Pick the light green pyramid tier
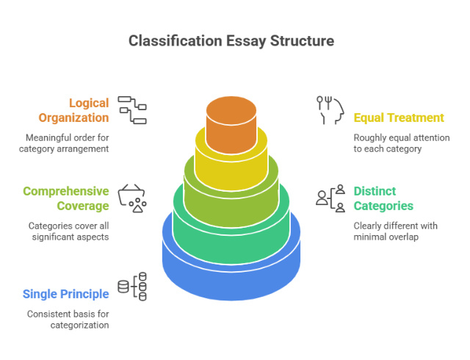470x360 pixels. coord(231,193)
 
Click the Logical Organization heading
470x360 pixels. coord(79,110)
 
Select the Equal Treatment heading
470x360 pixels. coord(399,118)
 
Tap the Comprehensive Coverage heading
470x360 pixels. coord(66,198)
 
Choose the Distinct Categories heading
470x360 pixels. coord(383,198)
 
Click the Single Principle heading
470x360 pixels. coord(66,294)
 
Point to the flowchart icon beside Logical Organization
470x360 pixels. coord(132,109)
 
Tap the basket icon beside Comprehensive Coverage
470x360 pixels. coord(132,198)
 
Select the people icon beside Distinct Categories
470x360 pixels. coord(330,198)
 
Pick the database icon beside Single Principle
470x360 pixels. coord(132,287)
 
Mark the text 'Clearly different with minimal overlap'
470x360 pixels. coord(396,231)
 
